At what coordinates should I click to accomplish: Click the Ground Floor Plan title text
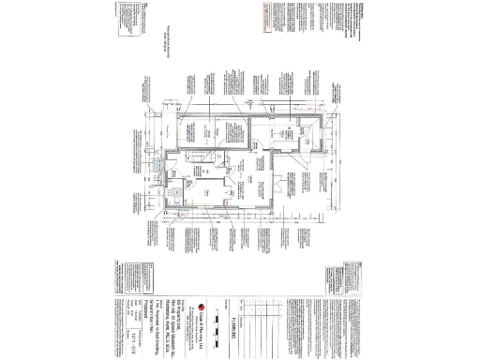(161, 319)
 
